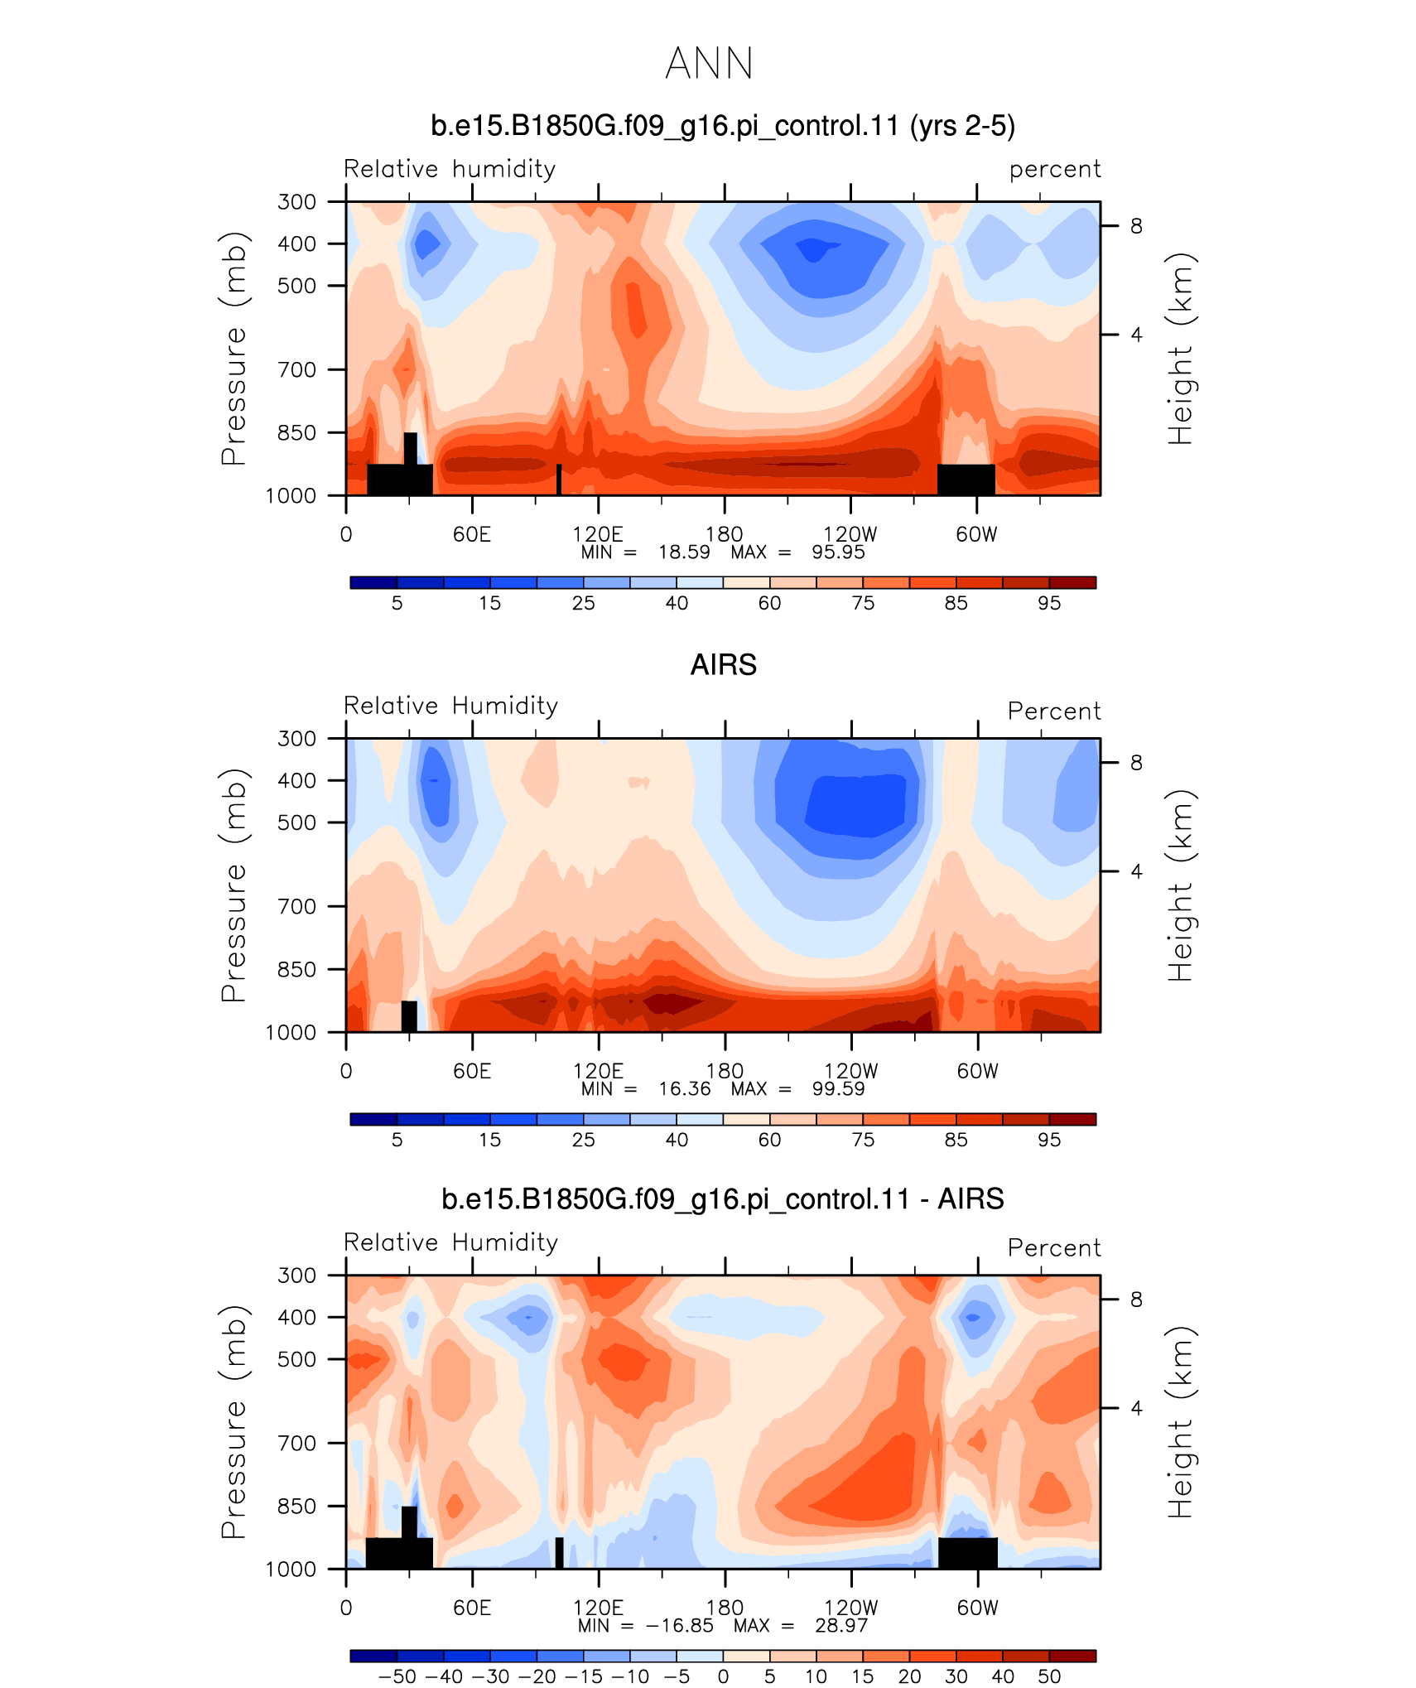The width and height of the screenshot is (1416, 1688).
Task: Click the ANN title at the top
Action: click(x=709, y=64)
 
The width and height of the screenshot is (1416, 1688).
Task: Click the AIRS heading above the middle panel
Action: click(x=723, y=665)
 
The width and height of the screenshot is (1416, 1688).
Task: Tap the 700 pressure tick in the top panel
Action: click(x=296, y=369)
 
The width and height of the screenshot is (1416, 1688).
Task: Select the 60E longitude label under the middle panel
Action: click(x=472, y=1071)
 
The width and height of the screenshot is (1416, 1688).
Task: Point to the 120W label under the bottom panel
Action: click(x=850, y=1608)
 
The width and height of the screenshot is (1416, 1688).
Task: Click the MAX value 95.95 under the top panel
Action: click(x=838, y=552)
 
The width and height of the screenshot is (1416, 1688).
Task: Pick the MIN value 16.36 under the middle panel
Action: click(x=685, y=1089)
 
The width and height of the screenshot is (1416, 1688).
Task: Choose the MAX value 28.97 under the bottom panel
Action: click(x=841, y=1626)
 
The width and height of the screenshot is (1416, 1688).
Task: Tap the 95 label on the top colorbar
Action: click(x=1049, y=603)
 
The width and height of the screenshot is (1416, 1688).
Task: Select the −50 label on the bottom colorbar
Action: click(x=397, y=1676)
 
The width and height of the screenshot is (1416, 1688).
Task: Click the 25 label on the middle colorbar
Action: click(x=583, y=1140)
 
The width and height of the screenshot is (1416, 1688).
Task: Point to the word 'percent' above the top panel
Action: click(x=1055, y=170)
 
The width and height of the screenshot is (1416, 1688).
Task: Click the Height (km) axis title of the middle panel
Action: click(x=1181, y=885)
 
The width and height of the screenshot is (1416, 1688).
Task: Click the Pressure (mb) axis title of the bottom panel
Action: click(x=234, y=1421)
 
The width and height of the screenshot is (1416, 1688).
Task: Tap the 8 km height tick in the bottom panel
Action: click(x=1137, y=1300)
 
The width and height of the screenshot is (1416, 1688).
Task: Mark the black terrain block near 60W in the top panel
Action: click(x=966, y=480)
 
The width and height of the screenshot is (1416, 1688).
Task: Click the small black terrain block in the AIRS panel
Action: click(x=409, y=1016)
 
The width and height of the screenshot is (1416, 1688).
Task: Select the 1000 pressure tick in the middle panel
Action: click(x=291, y=1032)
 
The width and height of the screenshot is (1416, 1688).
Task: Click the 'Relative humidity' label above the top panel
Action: click(x=450, y=169)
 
